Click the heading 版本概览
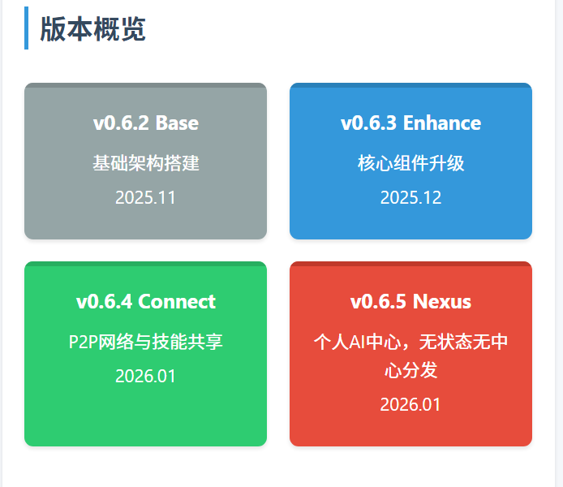coord(92,29)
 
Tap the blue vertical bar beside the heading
coord(26,28)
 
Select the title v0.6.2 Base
coord(146,123)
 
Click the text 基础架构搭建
coord(146,163)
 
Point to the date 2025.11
coord(146,197)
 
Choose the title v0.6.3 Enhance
coord(410,123)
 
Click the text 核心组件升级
coord(410,163)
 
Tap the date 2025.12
coord(410,197)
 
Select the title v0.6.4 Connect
coord(146,302)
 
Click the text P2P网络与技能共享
coord(146,342)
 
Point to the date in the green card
coord(146,376)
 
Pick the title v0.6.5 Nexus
coord(410,302)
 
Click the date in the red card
coord(410,404)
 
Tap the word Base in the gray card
coord(177,123)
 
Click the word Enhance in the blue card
coord(442,123)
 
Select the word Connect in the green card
coord(177,302)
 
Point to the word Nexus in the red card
coord(442,302)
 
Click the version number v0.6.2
coord(122,123)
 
